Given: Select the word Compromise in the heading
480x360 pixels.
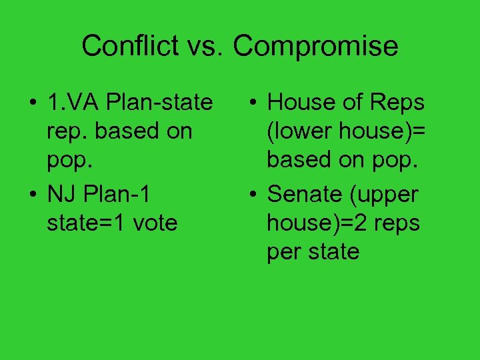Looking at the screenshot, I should (315, 46).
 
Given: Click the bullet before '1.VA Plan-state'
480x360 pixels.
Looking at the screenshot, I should (31, 104).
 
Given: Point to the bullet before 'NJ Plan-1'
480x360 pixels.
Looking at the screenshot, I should (31, 195).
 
